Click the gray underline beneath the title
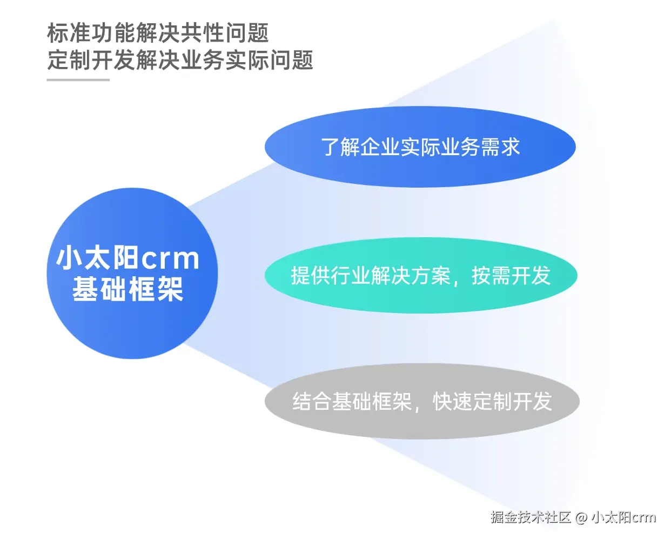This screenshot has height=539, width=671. [78, 80]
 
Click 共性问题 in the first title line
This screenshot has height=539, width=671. [224, 33]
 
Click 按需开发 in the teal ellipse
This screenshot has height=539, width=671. [511, 276]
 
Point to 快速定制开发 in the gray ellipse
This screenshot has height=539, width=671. [492, 402]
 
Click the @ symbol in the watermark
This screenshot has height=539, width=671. [581, 517]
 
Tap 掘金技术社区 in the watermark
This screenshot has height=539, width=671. [531, 517]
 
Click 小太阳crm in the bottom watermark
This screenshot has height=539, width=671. [623, 517]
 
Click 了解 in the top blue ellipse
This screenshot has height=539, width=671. [340, 147]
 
